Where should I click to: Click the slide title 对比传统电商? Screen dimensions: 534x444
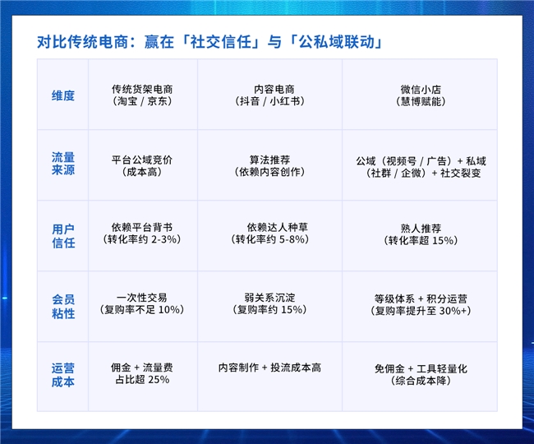tap(83, 42)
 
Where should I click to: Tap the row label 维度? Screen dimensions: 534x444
tap(63, 95)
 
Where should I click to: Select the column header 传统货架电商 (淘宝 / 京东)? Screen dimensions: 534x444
tap(142, 95)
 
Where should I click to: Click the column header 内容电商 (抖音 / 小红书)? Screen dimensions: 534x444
tap(269, 95)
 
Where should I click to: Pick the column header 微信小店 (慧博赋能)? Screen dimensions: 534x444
tap(421, 95)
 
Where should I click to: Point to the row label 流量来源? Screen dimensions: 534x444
tap(63, 164)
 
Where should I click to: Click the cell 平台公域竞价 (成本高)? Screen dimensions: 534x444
tap(142, 165)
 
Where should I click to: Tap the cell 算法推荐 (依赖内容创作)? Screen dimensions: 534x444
tap(269, 165)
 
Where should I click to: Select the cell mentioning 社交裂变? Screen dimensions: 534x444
tap(421, 167)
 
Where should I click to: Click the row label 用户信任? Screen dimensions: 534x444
tap(63, 236)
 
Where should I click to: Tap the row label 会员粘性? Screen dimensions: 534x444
tap(63, 307)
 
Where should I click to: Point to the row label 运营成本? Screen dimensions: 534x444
tap(63, 375)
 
